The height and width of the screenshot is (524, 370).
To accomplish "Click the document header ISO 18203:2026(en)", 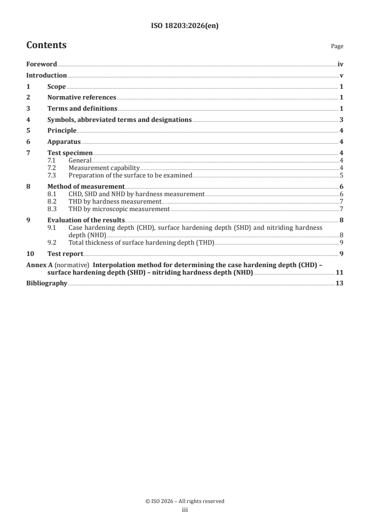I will point(185,27).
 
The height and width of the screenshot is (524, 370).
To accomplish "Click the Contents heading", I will point(46,45).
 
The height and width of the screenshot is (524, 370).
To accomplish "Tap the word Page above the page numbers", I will point(337,46).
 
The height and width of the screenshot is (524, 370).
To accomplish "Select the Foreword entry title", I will point(42,64).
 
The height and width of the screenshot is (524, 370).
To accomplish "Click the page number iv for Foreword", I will point(341,64).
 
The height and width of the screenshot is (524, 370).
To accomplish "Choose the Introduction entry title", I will point(46,76).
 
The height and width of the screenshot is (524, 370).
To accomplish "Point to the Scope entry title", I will point(56,87).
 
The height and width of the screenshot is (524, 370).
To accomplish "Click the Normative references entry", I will point(82,98).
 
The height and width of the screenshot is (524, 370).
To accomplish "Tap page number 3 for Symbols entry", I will point(342,120).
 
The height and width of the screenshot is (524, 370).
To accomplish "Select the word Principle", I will point(62,131).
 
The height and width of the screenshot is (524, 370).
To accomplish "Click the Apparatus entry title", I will point(64,142).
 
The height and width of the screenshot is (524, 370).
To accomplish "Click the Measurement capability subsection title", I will point(104,168).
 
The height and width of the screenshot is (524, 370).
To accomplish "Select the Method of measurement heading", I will point(86,187).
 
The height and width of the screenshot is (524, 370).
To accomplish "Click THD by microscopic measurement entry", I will point(119,209).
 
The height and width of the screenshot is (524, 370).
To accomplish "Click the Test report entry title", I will point(65,254).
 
